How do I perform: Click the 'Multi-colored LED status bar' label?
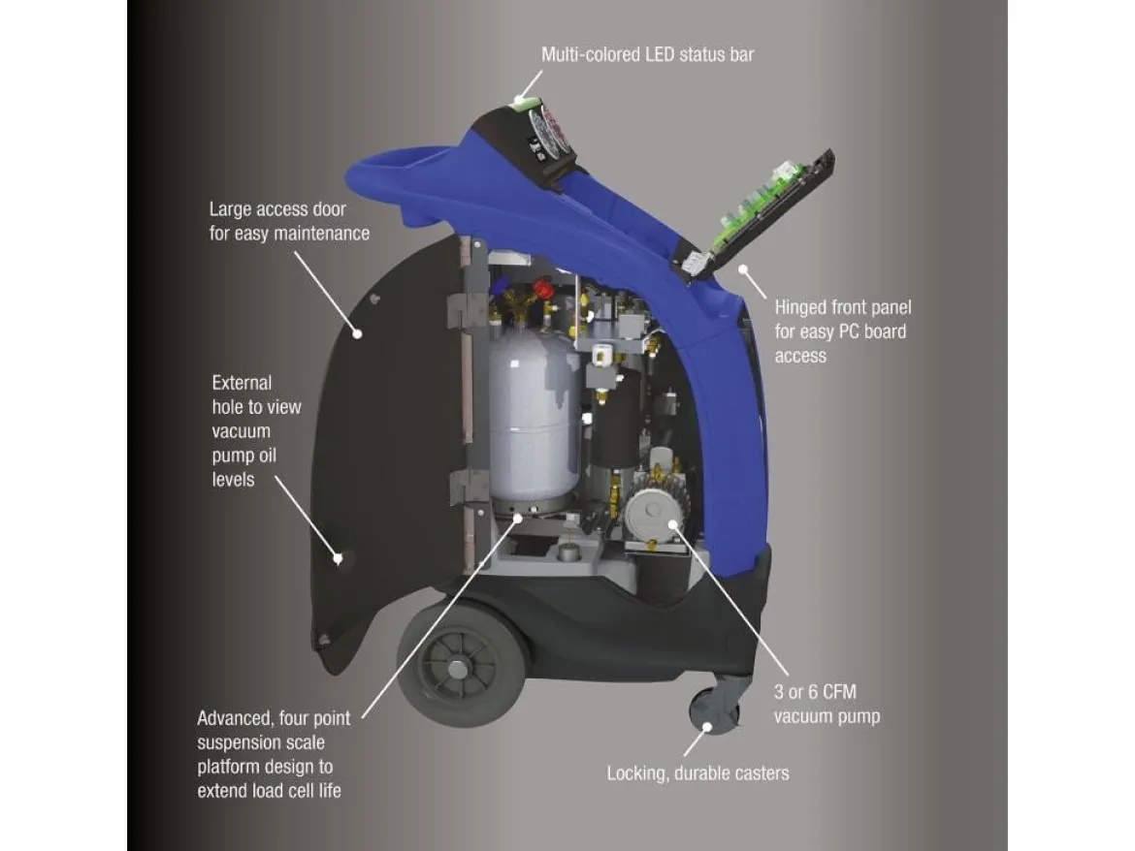[647, 55]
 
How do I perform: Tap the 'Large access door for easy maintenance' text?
[289, 221]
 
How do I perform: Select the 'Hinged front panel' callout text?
[843, 331]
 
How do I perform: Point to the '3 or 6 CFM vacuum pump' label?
[827, 705]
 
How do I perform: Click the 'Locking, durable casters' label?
[697, 773]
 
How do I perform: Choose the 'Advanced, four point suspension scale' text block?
[273, 754]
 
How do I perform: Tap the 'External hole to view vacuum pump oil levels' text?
[256, 431]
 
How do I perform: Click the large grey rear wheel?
[461, 664]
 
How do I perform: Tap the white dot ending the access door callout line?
[357, 334]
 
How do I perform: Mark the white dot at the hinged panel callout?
[743, 269]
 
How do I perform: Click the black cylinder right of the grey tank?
[616, 420]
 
